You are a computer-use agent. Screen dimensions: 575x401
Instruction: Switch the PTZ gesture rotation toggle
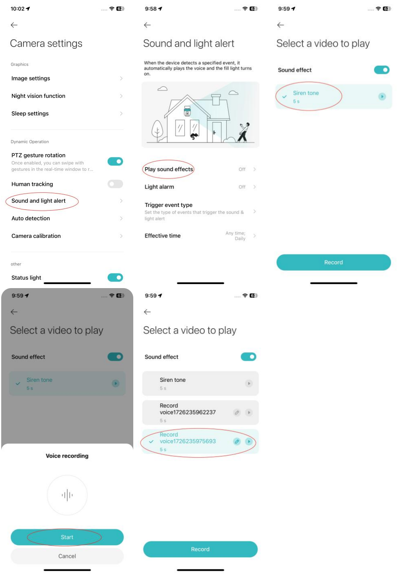(115, 162)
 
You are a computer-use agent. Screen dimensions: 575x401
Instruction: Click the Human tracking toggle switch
(115, 184)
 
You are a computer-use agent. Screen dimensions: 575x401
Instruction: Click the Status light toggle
(115, 278)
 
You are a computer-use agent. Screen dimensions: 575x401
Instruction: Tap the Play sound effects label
(169, 169)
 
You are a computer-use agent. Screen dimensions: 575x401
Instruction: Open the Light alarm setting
(159, 187)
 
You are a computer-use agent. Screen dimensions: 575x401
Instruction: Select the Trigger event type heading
(169, 205)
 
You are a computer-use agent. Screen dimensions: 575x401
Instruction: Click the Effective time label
(163, 236)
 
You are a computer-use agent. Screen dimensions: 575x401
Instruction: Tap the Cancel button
(67, 556)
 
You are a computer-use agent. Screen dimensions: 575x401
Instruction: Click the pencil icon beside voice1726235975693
(237, 441)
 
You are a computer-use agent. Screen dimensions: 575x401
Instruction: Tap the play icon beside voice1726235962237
(249, 412)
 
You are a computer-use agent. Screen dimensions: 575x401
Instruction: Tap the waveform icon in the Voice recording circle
(67, 495)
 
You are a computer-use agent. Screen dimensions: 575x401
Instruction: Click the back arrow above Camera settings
(14, 25)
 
